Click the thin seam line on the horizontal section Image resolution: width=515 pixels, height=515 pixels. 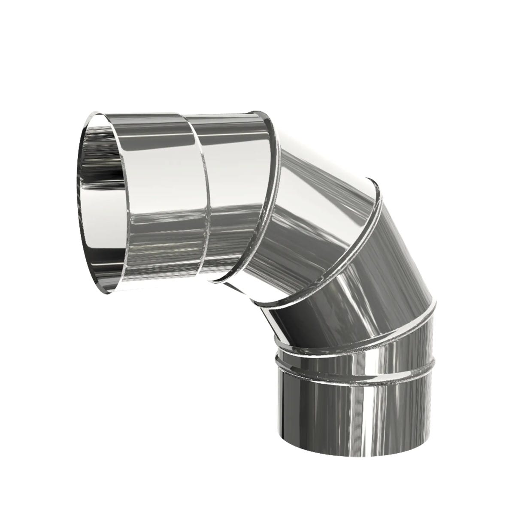coord(202,197)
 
